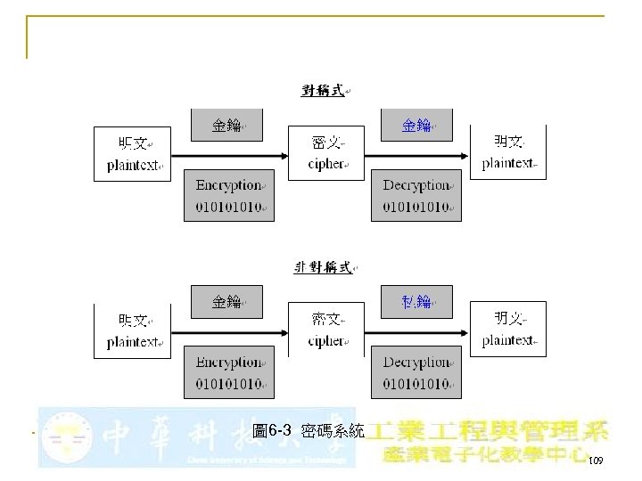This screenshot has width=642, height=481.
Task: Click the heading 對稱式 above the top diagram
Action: pyautogui.click(x=324, y=90)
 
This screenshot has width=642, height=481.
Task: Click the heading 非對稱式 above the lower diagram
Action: pyautogui.click(x=323, y=267)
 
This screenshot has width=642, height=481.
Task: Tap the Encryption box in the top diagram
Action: pyautogui.click(x=229, y=196)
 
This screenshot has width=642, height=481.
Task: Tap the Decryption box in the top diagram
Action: pyautogui.click(x=416, y=196)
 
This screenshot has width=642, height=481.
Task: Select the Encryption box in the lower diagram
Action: pyautogui.click(x=229, y=373)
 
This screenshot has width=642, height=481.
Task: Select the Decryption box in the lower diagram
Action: pyautogui.click(x=416, y=373)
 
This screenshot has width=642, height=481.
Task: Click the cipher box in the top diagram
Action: pyautogui.click(x=325, y=153)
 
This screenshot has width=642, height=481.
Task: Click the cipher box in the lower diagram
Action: pyautogui.click(x=325, y=330)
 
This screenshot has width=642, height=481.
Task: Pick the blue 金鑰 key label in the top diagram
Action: pyautogui.click(x=416, y=126)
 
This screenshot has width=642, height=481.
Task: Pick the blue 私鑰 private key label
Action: pyautogui.click(x=416, y=302)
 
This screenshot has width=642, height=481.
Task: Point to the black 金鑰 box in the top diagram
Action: pyautogui.click(x=226, y=126)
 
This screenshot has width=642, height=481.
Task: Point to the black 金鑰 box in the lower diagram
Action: pyautogui.click(x=226, y=302)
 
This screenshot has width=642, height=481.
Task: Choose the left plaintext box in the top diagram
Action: pyautogui.click(x=133, y=154)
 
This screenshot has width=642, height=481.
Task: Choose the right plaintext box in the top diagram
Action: pyautogui.click(x=507, y=152)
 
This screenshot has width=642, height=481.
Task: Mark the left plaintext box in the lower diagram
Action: pyautogui.click(x=133, y=330)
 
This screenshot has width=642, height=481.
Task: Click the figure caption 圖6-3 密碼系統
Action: pyautogui.click(x=308, y=431)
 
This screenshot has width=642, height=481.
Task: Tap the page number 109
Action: pyautogui.click(x=596, y=461)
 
